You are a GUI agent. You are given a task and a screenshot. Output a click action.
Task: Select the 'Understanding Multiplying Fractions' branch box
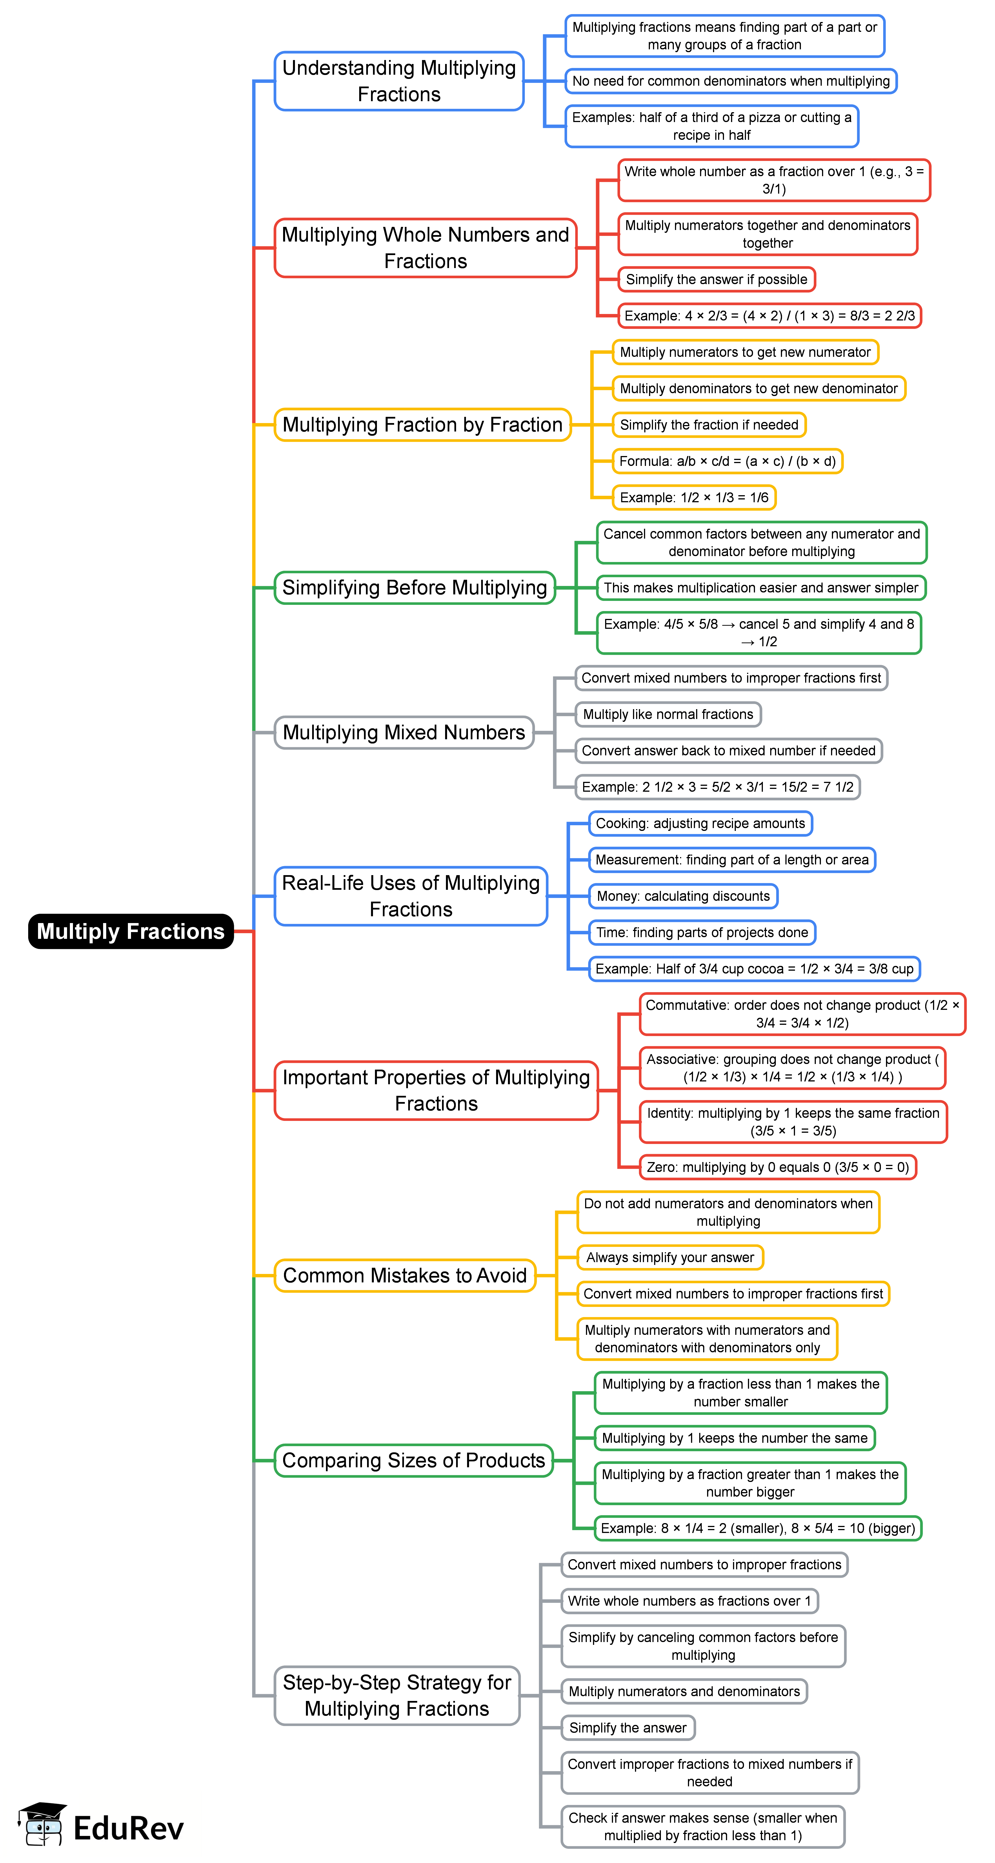click(399, 81)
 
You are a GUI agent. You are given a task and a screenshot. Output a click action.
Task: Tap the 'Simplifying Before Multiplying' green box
click(414, 587)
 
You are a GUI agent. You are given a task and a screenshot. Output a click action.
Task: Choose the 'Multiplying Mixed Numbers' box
click(403, 733)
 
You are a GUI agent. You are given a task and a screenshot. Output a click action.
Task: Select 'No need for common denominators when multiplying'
click(730, 81)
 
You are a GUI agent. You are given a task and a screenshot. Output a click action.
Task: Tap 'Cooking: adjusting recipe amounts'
click(700, 824)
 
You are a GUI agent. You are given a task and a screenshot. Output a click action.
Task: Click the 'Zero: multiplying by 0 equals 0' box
click(777, 1167)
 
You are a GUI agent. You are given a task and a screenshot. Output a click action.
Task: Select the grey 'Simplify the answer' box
click(628, 1728)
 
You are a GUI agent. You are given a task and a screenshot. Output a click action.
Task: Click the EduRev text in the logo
click(129, 1828)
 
